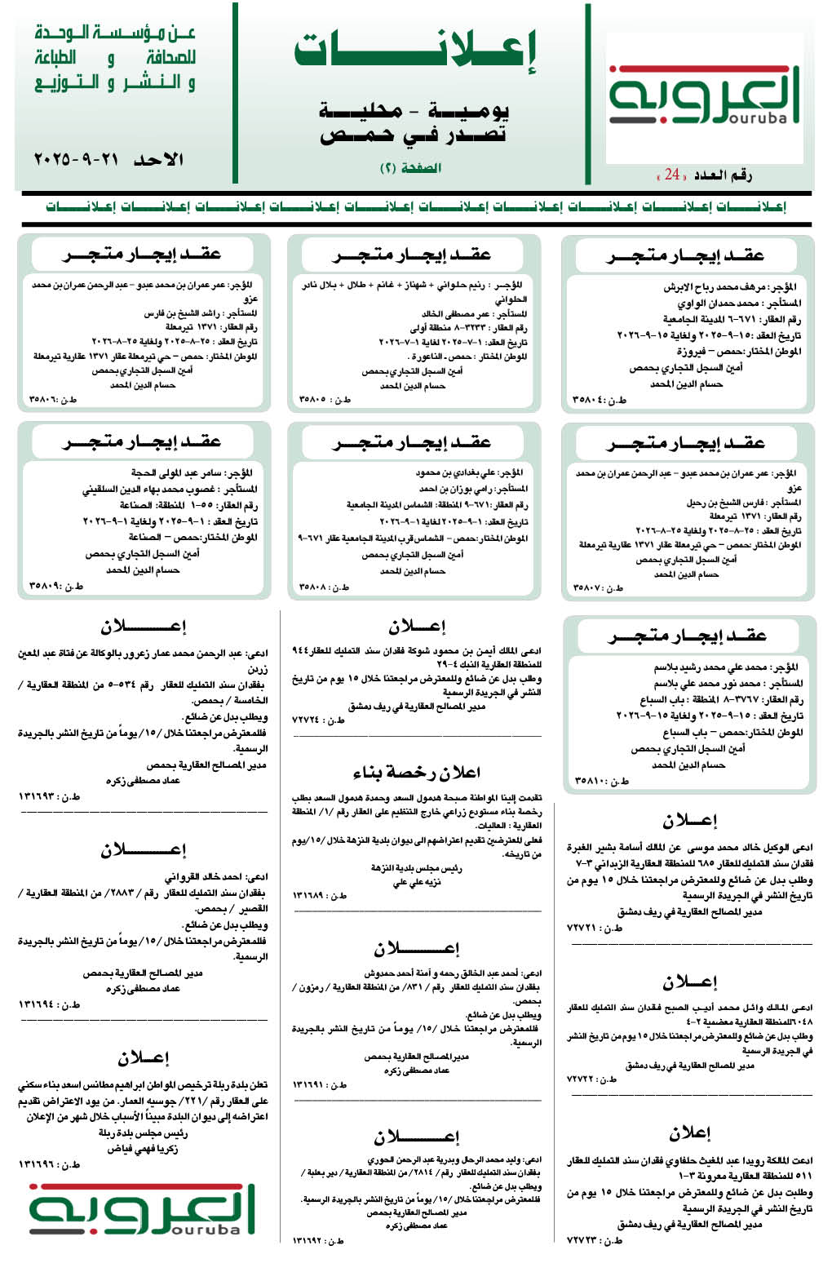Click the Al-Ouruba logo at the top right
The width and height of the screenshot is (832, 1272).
(x=705, y=96)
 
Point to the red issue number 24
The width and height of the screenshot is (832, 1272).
(x=671, y=175)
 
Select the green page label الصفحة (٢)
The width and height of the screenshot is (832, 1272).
(x=410, y=168)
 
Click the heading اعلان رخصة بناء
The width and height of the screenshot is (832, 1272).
(x=416, y=772)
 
